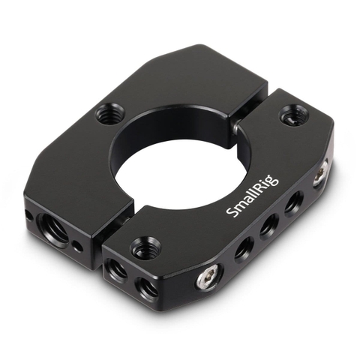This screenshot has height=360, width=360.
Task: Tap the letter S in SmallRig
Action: click(x=230, y=215)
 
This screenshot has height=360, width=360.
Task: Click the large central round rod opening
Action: click(x=174, y=153)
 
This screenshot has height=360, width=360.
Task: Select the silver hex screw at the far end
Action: click(x=319, y=175)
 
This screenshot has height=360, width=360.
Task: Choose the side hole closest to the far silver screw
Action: click(x=293, y=201)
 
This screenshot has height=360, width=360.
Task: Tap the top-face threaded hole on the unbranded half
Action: click(x=106, y=115)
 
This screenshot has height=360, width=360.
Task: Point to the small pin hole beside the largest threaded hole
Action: click(x=79, y=244)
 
